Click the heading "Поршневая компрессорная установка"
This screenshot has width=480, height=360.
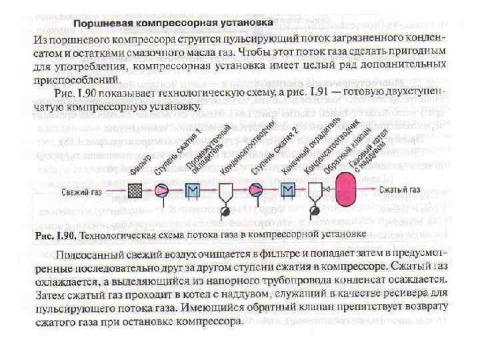click(173, 23)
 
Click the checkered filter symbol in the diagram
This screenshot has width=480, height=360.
click(135, 191)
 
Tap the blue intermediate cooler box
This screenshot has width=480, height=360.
click(193, 191)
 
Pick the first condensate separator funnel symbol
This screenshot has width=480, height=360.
click(225, 193)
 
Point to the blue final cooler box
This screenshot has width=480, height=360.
click(287, 191)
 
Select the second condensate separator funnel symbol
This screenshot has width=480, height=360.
click(315, 193)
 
